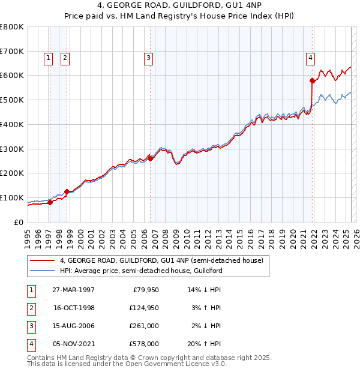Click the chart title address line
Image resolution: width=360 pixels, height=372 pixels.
(x=180, y=8)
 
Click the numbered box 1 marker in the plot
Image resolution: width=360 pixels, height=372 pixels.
(x=48, y=58)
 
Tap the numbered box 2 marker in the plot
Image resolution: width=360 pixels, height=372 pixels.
(x=64, y=58)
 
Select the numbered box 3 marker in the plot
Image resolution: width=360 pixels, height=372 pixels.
(x=148, y=58)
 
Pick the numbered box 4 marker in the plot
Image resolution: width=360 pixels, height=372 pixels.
(x=310, y=58)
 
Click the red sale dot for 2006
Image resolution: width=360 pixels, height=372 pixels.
(x=151, y=158)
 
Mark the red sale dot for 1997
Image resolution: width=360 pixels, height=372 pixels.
(x=50, y=202)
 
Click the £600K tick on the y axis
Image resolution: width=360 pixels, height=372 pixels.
(x=12, y=76)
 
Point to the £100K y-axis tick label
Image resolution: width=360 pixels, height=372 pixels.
(x=12, y=197)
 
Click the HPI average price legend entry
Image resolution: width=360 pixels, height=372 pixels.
(x=141, y=271)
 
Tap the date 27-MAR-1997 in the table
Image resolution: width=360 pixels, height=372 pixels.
(x=74, y=290)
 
